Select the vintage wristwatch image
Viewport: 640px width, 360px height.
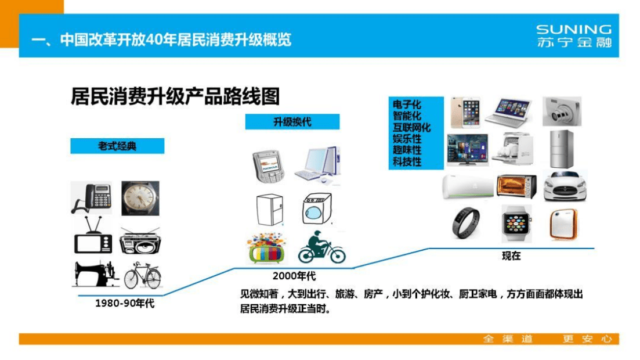[x=140, y=198]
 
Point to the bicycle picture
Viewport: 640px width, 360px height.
[x=142, y=275]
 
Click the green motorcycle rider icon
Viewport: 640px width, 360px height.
[x=321, y=248]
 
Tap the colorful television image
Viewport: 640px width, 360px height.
[x=267, y=249]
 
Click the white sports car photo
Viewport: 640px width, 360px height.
[x=565, y=186]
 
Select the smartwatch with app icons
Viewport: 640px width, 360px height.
[x=516, y=224]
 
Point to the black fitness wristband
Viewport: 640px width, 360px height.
[x=466, y=223]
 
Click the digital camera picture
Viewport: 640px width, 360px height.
[x=561, y=111]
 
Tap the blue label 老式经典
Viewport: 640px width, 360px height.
[x=117, y=146]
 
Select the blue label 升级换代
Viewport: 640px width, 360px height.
[x=292, y=122]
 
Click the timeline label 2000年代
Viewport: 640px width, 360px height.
[x=294, y=275]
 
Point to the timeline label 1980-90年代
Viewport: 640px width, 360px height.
[x=125, y=303]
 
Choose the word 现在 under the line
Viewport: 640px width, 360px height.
[x=511, y=256]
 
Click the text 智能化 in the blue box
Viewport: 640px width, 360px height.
[x=407, y=116]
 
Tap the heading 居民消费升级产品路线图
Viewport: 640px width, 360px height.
[x=175, y=96]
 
